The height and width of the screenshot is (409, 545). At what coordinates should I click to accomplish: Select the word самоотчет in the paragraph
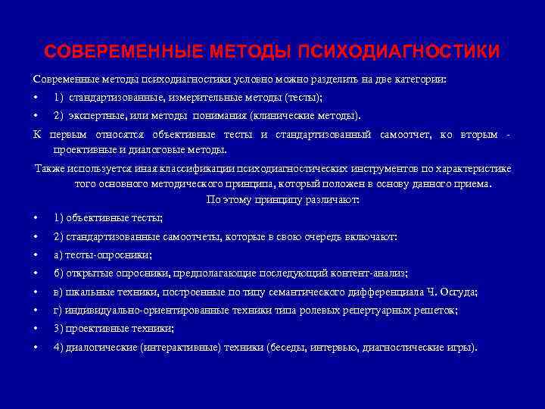(404, 135)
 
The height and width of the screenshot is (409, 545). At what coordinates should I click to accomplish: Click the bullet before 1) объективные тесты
(36, 218)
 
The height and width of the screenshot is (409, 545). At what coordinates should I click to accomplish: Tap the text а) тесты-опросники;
(102, 254)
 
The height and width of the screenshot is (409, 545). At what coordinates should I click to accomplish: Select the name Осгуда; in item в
(459, 292)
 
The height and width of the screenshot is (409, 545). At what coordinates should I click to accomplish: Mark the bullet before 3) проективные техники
(36, 329)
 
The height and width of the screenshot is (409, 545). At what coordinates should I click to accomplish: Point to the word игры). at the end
(462, 347)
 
